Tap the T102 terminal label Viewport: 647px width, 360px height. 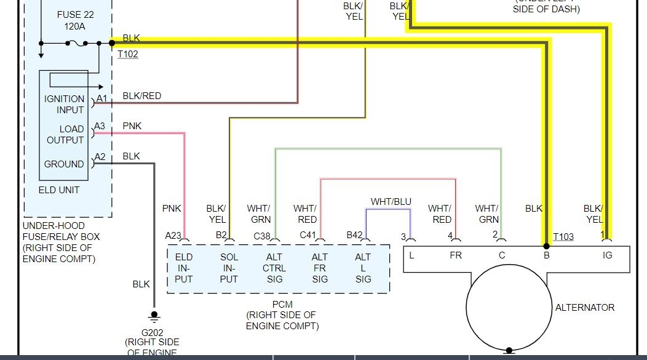pos(128,54)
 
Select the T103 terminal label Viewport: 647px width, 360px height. pos(563,237)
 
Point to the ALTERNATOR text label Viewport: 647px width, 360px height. pos(585,307)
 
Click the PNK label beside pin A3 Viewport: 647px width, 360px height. pos(132,126)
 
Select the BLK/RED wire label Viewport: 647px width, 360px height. pos(141,95)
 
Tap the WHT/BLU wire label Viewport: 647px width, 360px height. pos(391,202)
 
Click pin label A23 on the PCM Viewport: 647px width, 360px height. pos(173,235)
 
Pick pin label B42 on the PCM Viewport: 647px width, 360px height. pos(355,235)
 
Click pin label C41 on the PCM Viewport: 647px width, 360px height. pos(308,235)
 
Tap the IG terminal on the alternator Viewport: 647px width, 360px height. pos(608,255)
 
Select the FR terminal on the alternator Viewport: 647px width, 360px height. pos(455,255)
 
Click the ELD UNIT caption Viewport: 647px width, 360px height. pos(59,190)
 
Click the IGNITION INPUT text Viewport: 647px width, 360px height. pos(64,104)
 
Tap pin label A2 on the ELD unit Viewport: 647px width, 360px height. pos(100,157)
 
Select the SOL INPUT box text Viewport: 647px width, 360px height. pos(229,268)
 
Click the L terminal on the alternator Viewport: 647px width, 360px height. pos(411,255)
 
